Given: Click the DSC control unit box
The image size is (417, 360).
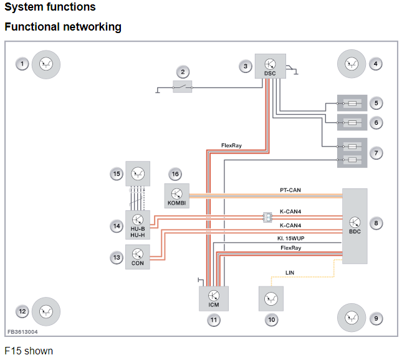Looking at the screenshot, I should pyautogui.click(x=270, y=67).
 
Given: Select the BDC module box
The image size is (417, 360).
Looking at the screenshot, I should pyautogui.click(x=354, y=225).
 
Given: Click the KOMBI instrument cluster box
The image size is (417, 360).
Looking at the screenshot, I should pyautogui.click(x=177, y=196).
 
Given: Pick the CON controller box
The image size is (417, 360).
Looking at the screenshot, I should pyautogui.click(x=138, y=256).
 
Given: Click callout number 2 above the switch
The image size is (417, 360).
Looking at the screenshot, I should pyautogui.click(x=182, y=71).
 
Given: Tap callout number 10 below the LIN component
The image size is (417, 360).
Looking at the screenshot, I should pyautogui.click(x=271, y=319).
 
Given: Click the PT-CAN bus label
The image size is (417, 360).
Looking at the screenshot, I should pyautogui.click(x=290, y=190).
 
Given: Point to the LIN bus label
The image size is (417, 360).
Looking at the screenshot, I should pyautogui.click(x=290, y=273).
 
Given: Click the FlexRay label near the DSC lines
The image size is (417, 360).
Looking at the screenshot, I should pyautogui.click(x=231, y=145).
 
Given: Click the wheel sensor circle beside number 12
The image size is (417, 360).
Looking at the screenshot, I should pyautogui.click(x=46, y=311).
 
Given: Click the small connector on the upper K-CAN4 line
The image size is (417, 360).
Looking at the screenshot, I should pyautogui.click(x=267, y=217).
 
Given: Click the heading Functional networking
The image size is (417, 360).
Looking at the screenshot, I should pyautogui.click(x=63, y=27).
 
